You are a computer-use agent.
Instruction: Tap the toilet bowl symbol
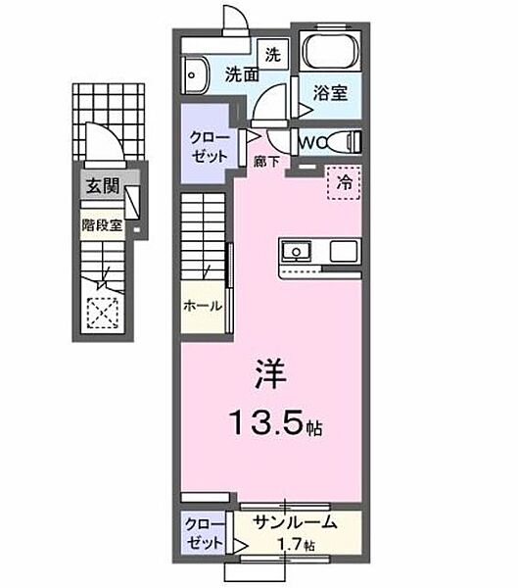coord(344,141)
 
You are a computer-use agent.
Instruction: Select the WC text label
coord(310,142)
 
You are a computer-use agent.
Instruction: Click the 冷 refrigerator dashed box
coord(344,181)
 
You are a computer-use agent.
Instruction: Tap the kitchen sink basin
coord(297,251)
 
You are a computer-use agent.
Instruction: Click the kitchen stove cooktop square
coord(344,251)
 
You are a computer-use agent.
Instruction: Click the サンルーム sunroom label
coord(295,523)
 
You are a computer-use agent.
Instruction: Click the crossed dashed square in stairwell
coord(102,313)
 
